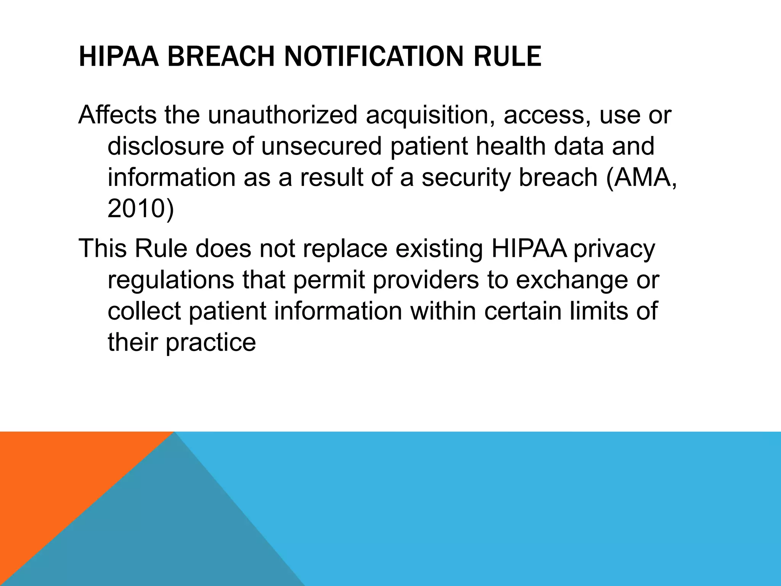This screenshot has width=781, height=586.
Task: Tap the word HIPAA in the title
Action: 118,56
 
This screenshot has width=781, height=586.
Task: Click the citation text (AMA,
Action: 641,178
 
